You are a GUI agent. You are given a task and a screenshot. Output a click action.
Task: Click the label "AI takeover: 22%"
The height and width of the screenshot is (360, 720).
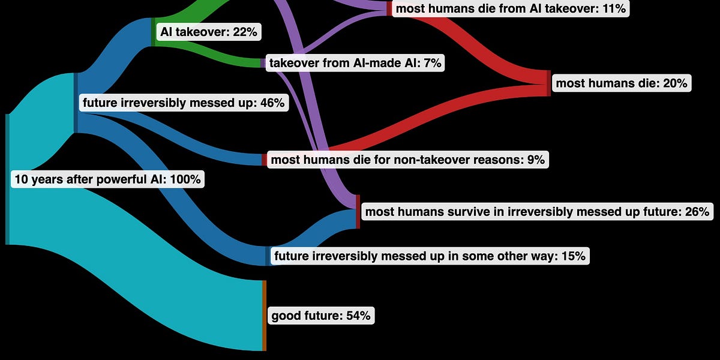pos(208,32)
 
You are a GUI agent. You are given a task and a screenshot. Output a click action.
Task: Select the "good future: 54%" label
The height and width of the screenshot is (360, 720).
pos(320,316)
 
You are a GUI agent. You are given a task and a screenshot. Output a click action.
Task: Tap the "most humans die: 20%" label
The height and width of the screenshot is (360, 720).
pos(621,83)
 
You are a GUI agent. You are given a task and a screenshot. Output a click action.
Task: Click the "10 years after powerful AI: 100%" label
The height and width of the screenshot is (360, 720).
pos(107,179)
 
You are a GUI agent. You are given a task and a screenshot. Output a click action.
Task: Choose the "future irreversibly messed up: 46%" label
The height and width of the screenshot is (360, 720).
pos(183,103)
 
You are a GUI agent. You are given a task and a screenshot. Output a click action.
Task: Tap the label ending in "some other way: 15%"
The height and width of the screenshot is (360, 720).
pos(430,257)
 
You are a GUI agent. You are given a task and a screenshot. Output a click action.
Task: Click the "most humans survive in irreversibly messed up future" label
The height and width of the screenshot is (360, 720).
pos(537,211)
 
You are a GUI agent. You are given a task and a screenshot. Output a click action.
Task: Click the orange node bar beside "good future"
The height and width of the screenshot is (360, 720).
pos(263,315)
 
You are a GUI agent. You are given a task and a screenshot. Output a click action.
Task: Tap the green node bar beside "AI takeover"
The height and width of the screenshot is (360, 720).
pos(154,31)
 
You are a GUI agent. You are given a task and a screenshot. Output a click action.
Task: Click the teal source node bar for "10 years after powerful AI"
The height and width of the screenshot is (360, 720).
pos(7,179)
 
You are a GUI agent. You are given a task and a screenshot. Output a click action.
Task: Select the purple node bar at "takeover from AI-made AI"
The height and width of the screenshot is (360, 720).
pos(263,63)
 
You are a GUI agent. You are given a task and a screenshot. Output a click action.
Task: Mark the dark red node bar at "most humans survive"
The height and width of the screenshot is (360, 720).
pos(358,211)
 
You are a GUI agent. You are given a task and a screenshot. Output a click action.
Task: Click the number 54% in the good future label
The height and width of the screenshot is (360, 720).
pos(358,316)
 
